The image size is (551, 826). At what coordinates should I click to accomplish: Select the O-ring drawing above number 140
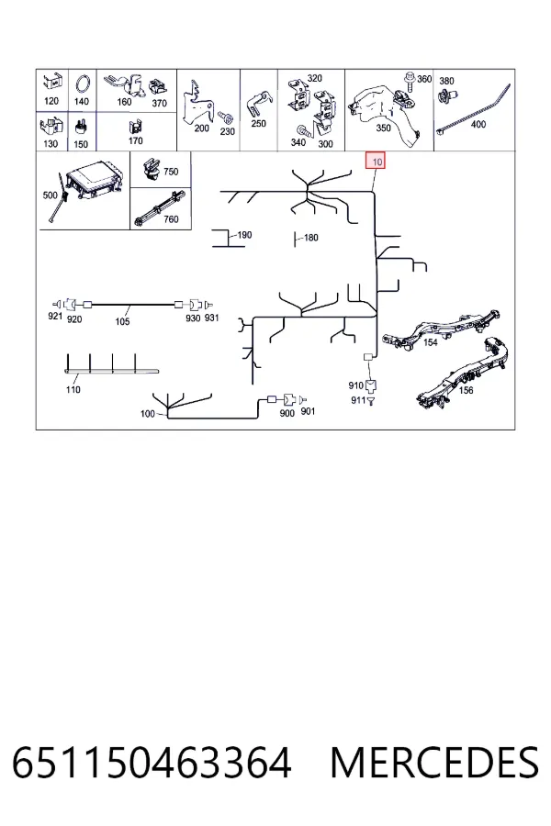tap(83, 84)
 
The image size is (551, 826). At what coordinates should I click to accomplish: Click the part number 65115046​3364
tap(152, 763)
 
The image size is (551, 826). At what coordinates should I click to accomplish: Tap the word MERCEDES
tap(435, 763)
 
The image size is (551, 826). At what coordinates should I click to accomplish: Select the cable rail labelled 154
tap(442, 329)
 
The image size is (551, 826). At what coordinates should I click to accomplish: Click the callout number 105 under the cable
tap(122, 321)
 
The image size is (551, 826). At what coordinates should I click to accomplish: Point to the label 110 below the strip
tap(73, 389)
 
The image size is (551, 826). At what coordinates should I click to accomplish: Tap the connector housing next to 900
tap(288, 399)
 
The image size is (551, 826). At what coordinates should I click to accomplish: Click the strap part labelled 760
tap(160, 208)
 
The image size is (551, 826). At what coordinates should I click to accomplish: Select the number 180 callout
tap(311, 238)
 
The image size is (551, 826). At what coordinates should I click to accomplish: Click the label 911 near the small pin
tap(358, 400)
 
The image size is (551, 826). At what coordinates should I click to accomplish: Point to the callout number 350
tap(383, 128)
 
